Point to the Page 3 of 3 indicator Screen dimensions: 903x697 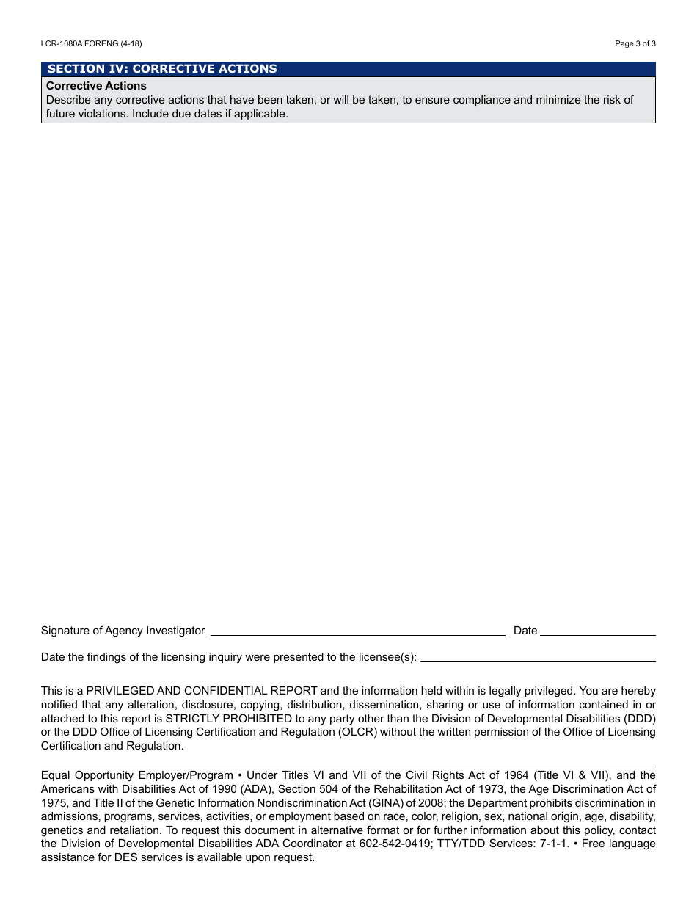click(635, 44)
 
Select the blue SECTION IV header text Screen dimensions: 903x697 click(162, 69)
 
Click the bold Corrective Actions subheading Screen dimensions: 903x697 click(96, 86)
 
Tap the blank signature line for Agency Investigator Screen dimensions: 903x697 click(357, 630)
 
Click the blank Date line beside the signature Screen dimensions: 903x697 click(598, 630)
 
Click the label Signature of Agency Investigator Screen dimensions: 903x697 click(123, 631)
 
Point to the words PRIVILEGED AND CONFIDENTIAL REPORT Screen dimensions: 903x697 click(202, 691)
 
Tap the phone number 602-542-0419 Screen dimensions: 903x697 click(390, 844)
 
